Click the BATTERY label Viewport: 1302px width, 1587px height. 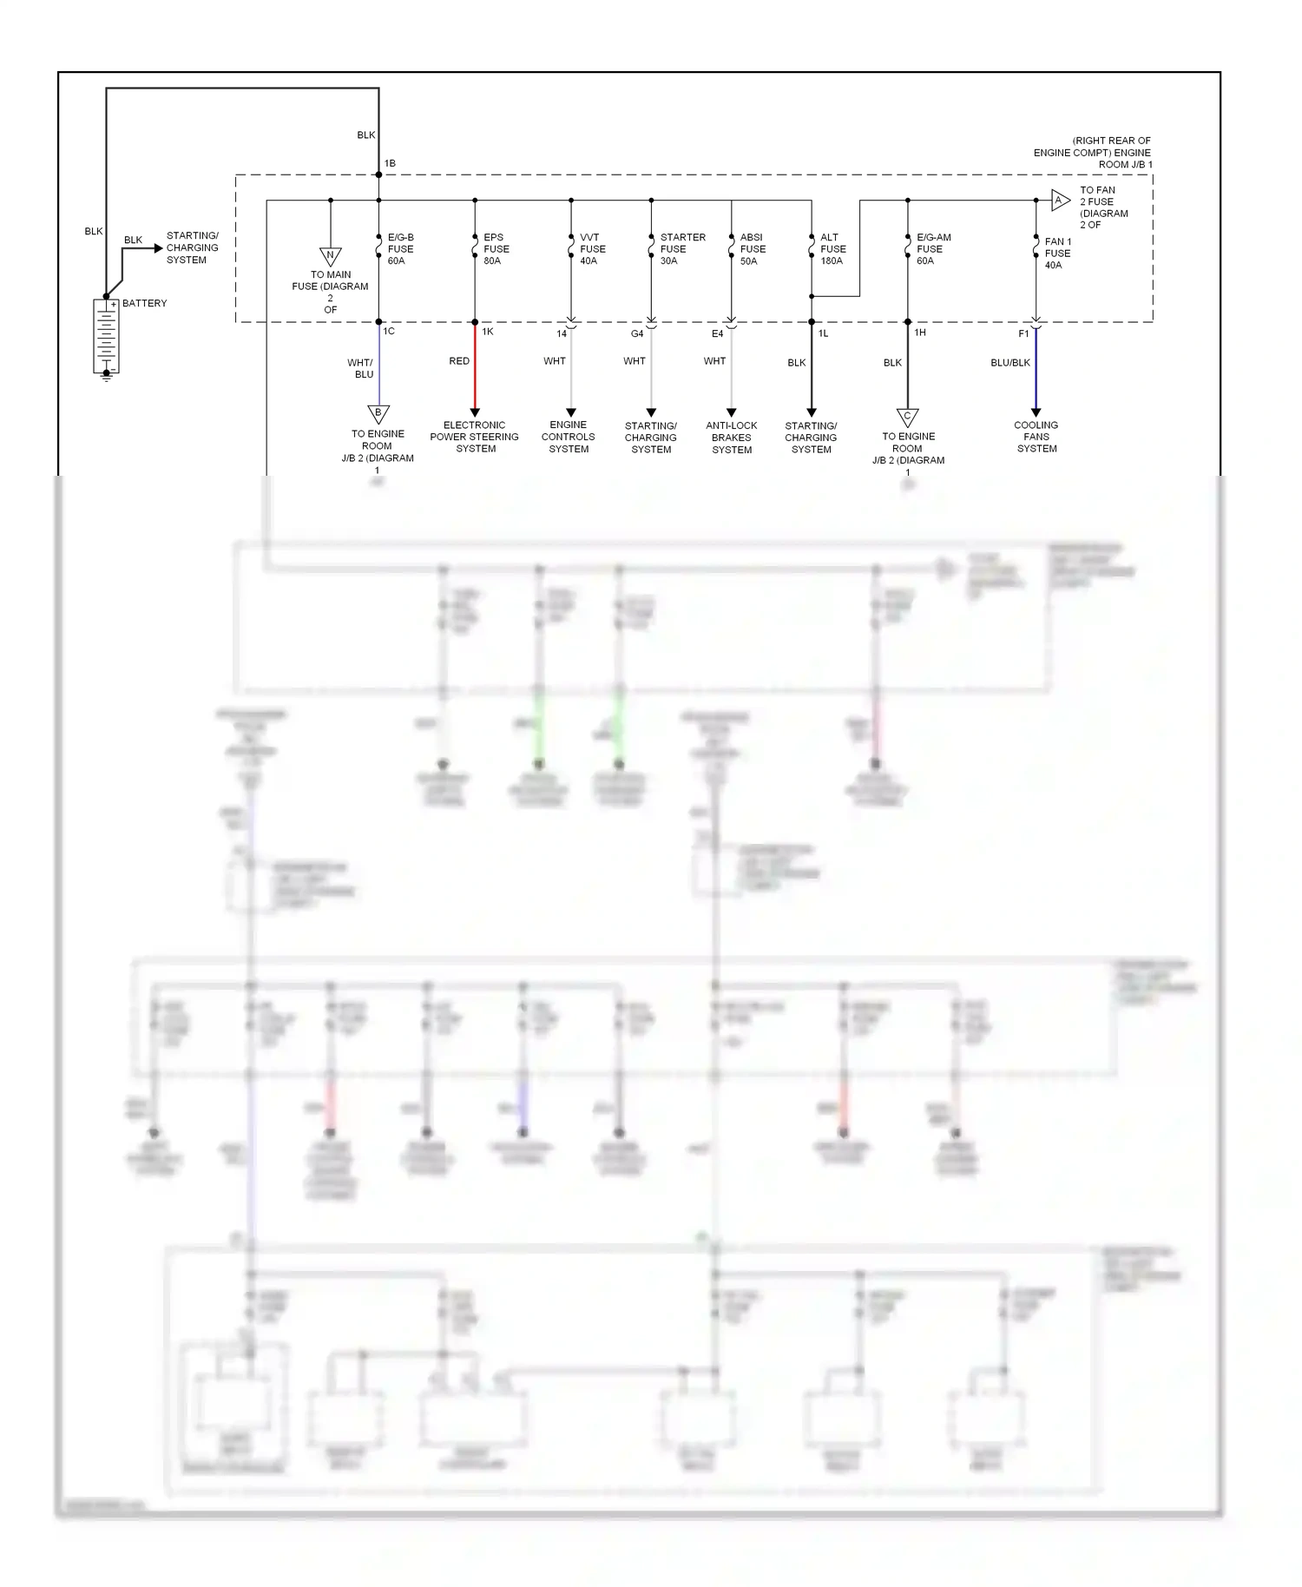(144, 303)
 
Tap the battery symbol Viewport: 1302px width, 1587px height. (106, 337)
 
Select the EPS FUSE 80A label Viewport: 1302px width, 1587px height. (496, 249)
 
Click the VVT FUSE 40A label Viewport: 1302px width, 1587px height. (592, 249)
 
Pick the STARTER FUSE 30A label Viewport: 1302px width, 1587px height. (681, 249)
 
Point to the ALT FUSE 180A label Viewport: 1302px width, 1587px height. (832, 249)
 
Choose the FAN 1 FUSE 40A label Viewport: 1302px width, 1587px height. (1057, 254)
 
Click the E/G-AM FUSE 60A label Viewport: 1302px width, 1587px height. (933, 249)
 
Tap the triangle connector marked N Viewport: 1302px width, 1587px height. (330, 256)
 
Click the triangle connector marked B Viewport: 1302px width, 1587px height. (378, 413)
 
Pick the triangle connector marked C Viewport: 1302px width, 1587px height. (907, 417)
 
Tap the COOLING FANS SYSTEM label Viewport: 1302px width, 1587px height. (1036, 437)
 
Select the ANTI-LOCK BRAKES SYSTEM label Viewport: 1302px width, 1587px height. (732, 438)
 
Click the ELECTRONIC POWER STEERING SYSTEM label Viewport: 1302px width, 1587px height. (475, 437)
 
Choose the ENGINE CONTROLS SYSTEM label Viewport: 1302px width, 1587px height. (569, 437)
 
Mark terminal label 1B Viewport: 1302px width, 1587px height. (390, 163)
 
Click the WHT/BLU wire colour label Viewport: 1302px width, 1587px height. (360, 369)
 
